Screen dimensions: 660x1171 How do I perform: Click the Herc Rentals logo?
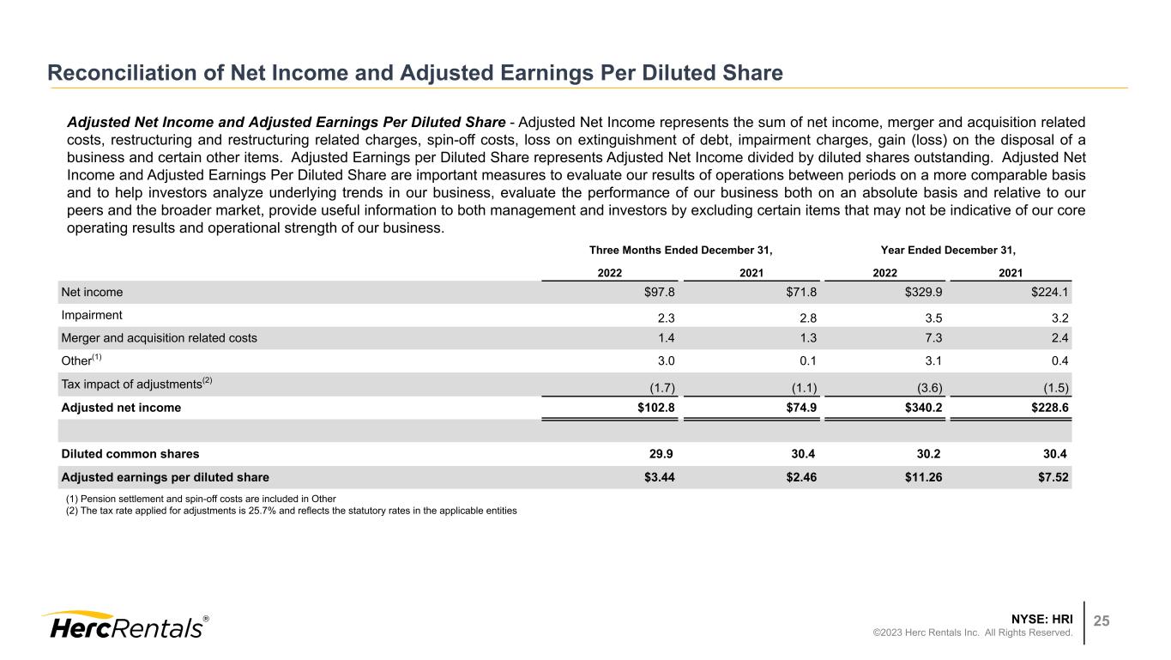124,626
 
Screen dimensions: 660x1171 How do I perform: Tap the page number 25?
1101,621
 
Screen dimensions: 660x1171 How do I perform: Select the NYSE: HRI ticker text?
1042,617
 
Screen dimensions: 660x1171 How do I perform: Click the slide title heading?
415,73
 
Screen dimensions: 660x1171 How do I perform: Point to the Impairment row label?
92,314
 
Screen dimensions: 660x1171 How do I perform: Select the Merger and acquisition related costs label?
159,338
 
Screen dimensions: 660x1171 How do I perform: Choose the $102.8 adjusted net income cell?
656,408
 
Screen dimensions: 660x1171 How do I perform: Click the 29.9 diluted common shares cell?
665,454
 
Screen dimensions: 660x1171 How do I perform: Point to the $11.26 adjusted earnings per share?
924,477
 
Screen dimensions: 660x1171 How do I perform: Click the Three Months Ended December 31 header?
681,251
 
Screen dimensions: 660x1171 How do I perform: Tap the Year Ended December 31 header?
948,251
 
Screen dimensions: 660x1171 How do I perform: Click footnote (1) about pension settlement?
201,499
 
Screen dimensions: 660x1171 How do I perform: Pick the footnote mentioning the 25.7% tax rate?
292,510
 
